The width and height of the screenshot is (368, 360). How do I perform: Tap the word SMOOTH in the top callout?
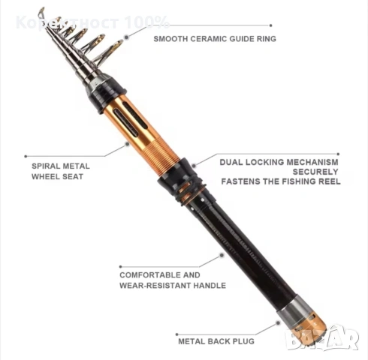pyautogui.click(x=170, y=39)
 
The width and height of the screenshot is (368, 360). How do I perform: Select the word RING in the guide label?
pyautogui.click(x=267, y=39)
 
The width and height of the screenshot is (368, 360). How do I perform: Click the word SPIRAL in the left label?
pyautogui.click(x=46, y=166)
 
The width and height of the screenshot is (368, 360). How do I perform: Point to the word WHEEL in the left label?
pyautogui.click(x=46, y=176)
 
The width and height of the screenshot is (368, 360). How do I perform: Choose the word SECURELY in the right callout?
pyautogui.click(x=315, y=172)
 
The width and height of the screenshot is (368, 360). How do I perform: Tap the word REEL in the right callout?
pyautogui.click(x=330, y=181)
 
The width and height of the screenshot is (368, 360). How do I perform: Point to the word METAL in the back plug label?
pyautogui.click(x=192, y=341)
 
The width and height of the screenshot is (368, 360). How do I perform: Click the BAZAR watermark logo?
pyautogui.click(x=322, y=338)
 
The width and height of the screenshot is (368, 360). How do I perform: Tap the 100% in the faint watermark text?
pyautogui.click(x=146, y=22)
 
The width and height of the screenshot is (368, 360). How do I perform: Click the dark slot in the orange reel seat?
pyautogui.click(x=126, y=122)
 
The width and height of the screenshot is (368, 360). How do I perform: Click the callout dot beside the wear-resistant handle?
pyautogui.click(x=222, y=255)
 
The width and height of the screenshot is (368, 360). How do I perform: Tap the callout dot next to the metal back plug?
pyautogui.click(x=278, y=323)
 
